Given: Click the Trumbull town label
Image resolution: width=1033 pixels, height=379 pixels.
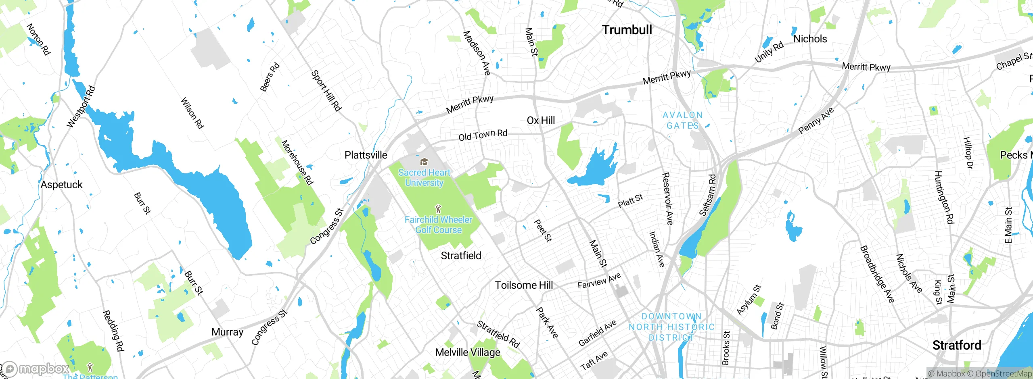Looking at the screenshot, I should (627, 30).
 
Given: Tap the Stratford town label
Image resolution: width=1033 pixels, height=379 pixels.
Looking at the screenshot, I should (956, 345).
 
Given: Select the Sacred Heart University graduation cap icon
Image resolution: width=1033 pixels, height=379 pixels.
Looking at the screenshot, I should (424, 162).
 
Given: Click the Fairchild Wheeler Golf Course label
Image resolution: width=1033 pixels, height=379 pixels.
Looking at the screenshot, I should (438, 225).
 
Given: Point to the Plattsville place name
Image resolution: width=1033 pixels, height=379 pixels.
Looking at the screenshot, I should (366, 155).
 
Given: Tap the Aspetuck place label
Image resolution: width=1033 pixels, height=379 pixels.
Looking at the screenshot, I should (61, 185).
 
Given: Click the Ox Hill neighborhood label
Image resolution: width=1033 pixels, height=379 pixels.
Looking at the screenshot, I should (541, 120).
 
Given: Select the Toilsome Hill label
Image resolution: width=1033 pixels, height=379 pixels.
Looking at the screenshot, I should (524, 285).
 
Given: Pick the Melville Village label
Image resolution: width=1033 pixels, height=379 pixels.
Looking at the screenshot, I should (468, 352).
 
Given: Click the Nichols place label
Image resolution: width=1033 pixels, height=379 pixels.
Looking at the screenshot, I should (810, 39).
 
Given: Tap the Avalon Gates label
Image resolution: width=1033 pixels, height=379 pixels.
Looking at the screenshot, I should (682, 120).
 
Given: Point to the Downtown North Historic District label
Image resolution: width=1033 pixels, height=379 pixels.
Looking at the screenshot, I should (671, 327).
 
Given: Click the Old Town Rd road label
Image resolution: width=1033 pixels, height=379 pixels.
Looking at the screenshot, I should (483, 135).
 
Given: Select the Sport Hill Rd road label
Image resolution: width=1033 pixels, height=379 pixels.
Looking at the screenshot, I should (326, 91).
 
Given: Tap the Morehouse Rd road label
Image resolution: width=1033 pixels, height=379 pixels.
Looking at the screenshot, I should (297, 162).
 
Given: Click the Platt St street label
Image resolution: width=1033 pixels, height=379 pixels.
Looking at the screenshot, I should (630, 200).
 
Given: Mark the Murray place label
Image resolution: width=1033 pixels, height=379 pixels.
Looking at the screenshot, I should (227, 332).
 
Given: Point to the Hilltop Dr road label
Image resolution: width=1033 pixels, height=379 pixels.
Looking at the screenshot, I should (968, 153).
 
